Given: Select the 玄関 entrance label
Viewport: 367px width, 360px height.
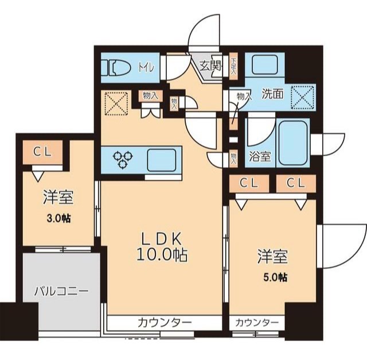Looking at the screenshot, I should (x=210, y=65).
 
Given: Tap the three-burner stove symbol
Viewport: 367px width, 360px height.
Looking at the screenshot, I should (x=123, y=159).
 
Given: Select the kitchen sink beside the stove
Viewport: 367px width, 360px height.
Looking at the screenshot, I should (x=161, y=159).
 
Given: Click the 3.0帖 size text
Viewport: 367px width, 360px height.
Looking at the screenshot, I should (x=59, y=219).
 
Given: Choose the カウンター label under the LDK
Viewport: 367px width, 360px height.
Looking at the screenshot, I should (x=164, y=323).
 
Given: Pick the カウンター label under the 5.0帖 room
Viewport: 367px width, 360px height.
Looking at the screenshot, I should (x=257, y=323).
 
